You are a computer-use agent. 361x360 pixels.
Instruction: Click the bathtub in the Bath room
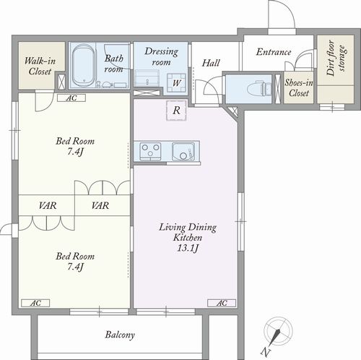coord(83,66)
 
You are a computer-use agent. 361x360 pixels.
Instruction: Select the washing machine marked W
coord(177,82)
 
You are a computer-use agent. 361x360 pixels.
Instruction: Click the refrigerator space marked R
coord(176,111)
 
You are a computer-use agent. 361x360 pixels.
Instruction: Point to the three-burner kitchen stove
coord(151,151)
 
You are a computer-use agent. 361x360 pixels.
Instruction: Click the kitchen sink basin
coord(183,151)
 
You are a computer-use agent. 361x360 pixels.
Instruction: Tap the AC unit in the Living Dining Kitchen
coord(222,303)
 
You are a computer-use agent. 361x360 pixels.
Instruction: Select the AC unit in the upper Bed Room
coord(71,98)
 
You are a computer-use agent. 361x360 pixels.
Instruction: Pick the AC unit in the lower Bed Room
coord(35,303)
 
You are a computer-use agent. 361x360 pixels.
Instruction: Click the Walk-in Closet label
coord(40,66)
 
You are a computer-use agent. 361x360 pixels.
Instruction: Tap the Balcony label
coord(120,335)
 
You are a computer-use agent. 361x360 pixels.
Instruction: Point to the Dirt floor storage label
coord(336,58)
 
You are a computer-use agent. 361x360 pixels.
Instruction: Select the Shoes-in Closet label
coord(299,87)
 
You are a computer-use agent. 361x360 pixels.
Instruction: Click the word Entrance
coord(274,52)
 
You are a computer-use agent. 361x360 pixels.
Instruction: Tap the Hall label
coord(211,63)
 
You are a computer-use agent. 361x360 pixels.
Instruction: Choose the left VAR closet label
coord(48,205)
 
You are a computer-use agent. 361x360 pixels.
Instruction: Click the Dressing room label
coord(162,57)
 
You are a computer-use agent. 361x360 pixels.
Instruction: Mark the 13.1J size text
coord(188,248)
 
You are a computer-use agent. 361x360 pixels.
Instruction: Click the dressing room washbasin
coord(147,78)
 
